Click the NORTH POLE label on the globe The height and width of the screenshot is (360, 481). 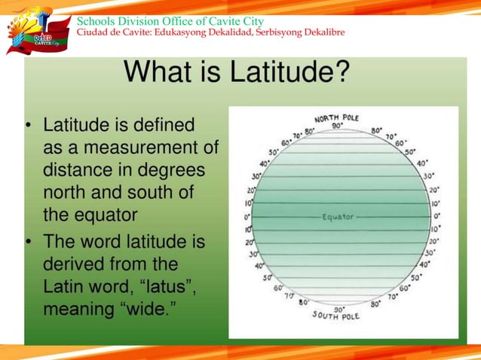tap(336, 117)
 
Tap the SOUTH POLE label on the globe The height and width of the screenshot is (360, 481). tap(337, 314)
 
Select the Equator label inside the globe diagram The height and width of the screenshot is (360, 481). tap(338, 217)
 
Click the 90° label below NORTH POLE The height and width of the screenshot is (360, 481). tap(337, 127)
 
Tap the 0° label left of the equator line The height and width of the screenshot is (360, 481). tap(247, 217)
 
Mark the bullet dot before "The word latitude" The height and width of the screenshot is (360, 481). tap(29, 243)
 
